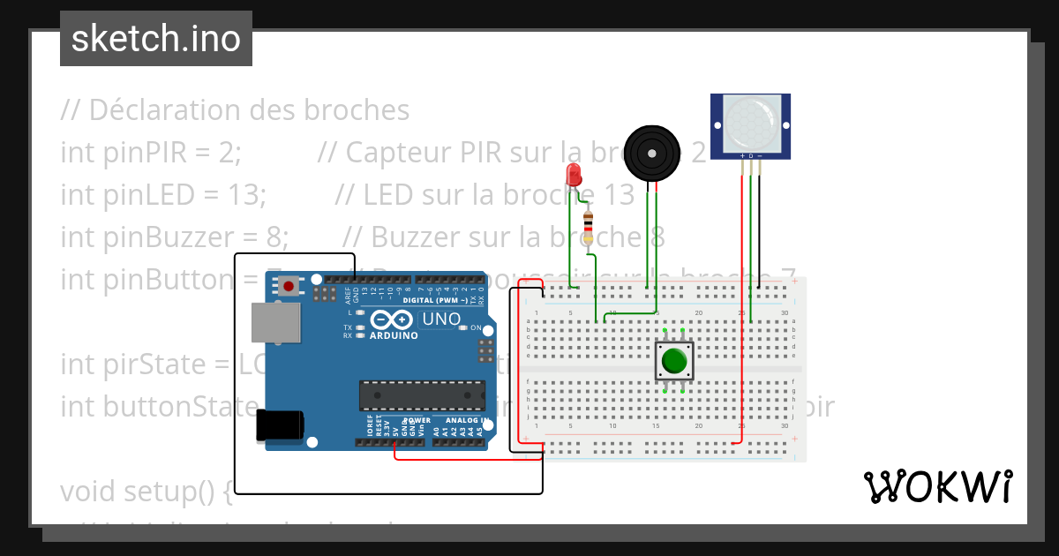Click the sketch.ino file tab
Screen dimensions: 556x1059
click(x=156, y=39)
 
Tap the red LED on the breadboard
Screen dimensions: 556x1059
click(x=575, y=174)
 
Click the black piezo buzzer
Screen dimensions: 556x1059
click(x=652, y=154)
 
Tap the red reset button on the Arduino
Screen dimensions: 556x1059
click(x=288, y=285)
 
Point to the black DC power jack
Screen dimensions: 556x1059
click(x=280, y=425)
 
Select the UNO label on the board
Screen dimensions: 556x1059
click(x=441, y=319)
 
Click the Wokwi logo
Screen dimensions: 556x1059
click(x=937, y=486)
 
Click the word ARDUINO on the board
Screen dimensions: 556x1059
click(x=394, y=335)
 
